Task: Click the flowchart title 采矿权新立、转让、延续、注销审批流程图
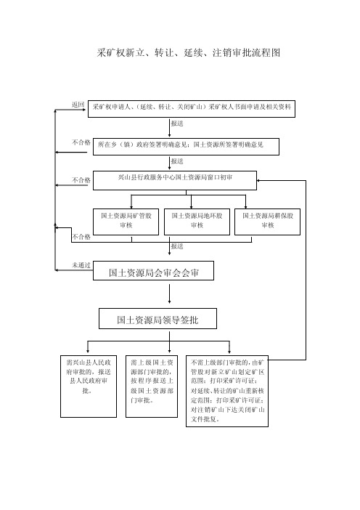(189, 53)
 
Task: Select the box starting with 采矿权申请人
(192, 109)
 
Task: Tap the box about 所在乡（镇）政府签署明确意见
(186, 147)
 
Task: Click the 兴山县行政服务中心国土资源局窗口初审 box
(175, 180)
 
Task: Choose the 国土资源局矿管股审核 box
(126, 222)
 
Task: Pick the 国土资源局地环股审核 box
(197, 222)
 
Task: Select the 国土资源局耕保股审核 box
(267, 222)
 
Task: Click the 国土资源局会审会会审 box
(153, 270)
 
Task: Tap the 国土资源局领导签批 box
(157, 319)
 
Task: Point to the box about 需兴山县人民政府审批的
(89, 386)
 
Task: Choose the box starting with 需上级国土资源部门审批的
(152, 386)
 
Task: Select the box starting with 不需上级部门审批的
(227, 391)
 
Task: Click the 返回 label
(78, 105)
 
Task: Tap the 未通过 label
(81, 265)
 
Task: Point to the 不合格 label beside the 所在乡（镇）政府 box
(81, 142)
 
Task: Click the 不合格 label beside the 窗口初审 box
(81, 180)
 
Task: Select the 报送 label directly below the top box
(177, 124)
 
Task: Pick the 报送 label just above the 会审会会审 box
(177, 246)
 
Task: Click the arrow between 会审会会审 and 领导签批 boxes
(169, 294)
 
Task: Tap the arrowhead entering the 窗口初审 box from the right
(258, 180)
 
